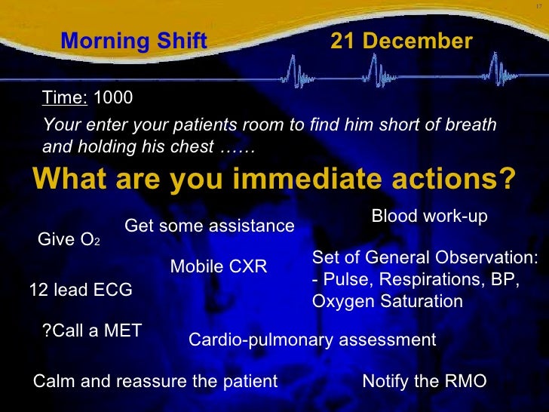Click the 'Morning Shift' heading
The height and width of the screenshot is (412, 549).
(133, 42)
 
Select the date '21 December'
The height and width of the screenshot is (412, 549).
(401, 42)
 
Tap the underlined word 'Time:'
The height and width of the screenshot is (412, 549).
(65, 97)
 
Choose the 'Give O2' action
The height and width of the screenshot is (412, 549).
(68, 241)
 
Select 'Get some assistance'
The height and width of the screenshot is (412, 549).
(209, 226)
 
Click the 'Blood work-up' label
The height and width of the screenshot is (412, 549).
(429, 217)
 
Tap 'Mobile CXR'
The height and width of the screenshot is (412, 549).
(218, 266)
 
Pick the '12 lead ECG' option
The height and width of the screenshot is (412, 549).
(80, 290)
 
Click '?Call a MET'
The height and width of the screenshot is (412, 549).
(92, 330)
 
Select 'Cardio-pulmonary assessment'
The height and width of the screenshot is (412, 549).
(311, 340)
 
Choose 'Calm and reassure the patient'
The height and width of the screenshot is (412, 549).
(155, 381)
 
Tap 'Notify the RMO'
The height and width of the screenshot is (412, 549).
(424, 381)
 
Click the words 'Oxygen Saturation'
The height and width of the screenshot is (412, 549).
(387, 302)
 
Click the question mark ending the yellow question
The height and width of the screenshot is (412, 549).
(508, 180)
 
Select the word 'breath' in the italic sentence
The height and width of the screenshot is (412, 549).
(473, 125)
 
